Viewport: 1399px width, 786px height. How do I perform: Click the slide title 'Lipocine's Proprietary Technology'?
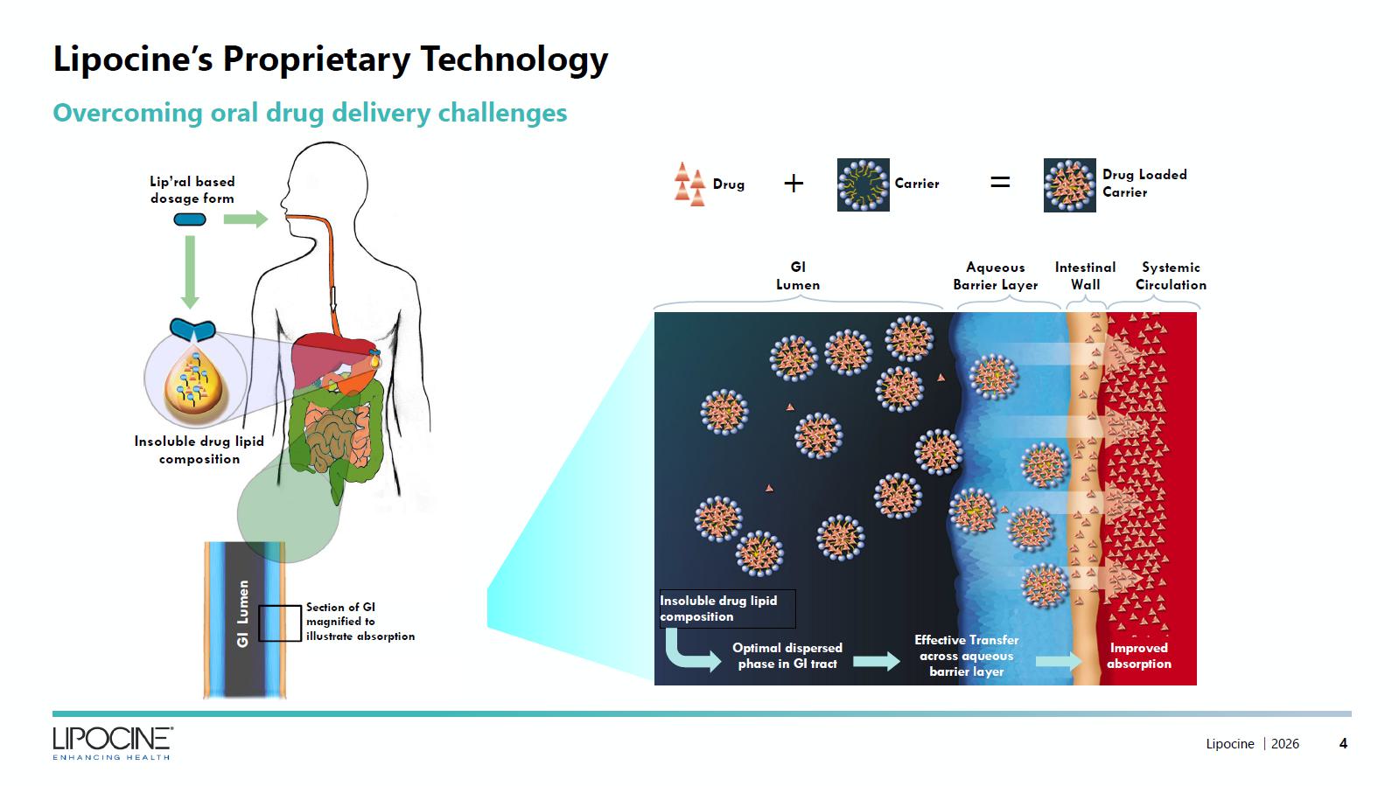(331, 59)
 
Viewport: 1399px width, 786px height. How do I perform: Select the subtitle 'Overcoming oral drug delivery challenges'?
(310, 113)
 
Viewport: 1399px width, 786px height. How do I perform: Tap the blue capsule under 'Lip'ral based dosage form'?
(190, 219)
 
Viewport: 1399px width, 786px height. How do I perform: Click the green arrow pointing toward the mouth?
(246, 219)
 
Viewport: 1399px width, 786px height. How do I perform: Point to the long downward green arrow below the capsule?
(190, 272)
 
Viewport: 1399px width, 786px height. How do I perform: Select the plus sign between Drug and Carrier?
(794, 184)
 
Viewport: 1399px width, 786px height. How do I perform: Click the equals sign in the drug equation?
(1000, 183)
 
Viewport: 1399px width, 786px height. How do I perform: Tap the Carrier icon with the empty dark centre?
(864, 184)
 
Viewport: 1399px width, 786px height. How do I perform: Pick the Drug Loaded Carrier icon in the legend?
(1069, 185)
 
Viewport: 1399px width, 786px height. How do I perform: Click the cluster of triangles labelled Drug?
(689, 184)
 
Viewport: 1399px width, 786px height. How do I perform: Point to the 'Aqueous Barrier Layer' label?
(995, 276)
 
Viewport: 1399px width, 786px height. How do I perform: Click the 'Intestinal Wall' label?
(1085, 276)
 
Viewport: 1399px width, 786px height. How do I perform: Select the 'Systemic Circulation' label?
(1171, 276)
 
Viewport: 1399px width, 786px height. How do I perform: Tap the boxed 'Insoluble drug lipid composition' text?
(728, 609)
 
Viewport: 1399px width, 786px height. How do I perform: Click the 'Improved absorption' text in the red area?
(1138, 656)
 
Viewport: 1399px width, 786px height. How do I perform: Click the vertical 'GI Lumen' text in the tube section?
(243, 614)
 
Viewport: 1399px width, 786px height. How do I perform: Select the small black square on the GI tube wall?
(280, 623)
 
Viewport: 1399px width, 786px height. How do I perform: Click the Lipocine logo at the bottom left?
(112, 743)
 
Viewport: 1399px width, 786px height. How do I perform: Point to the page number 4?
(1343, 743)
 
